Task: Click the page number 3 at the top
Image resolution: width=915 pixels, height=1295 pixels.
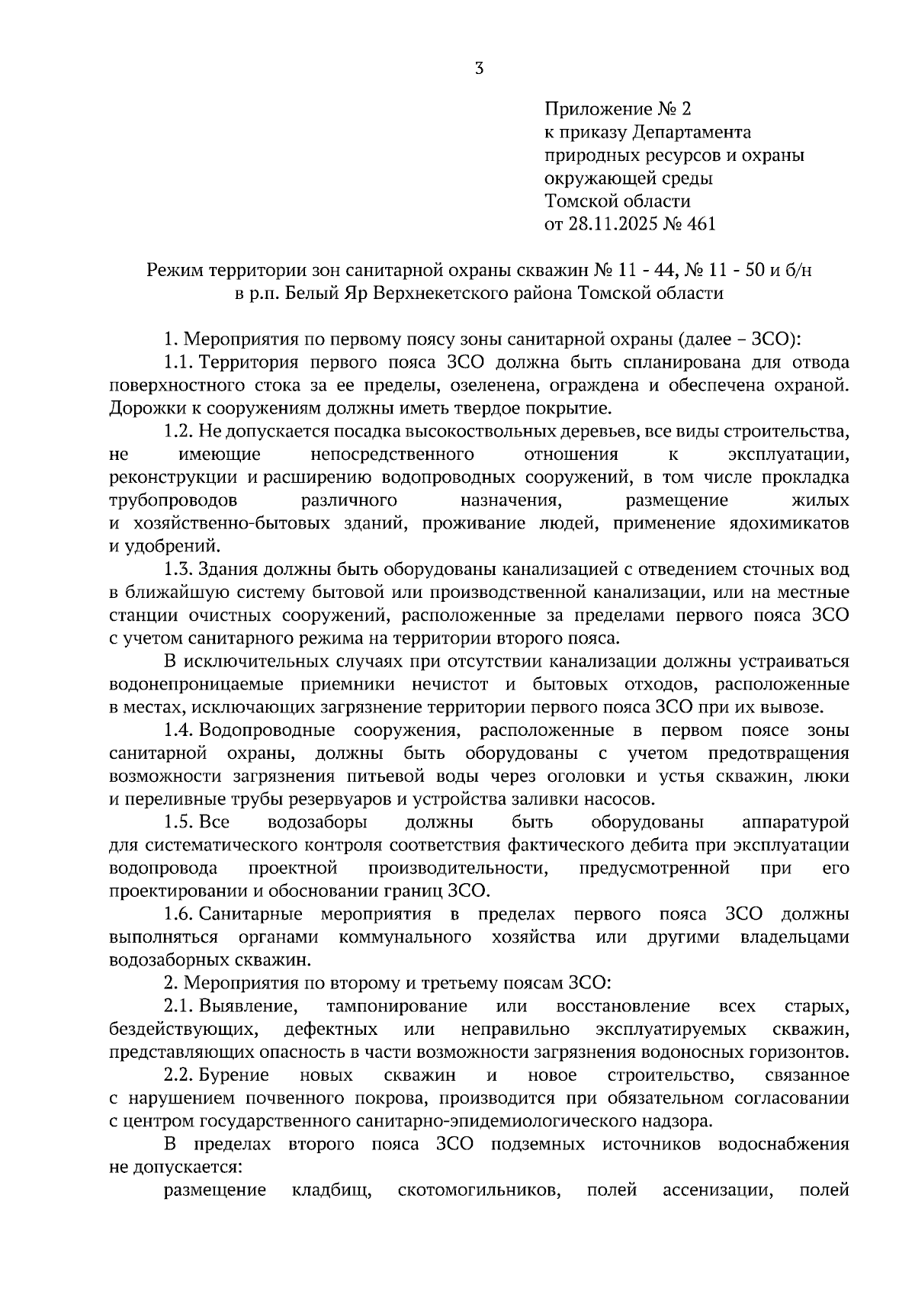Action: [x=478, y=69]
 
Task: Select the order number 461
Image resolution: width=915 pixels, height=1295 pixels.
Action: [x=700, y=224]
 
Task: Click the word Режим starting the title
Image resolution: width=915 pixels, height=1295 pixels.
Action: [x=173, y=270]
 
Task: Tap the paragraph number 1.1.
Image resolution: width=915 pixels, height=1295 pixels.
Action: [x=176, y=362]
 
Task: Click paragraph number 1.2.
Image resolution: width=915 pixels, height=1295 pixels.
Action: [x=176, y=432]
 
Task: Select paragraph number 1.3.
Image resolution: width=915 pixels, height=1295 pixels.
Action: [x=176, y=570]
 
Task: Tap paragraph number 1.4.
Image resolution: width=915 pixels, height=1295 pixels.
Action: [x=176, y=731]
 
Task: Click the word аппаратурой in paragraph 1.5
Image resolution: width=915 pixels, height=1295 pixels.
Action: [x=795, y=823]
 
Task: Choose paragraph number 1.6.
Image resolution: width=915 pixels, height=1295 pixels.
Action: [x=176, y=914]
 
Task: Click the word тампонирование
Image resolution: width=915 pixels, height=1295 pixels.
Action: [x=396, y=1007]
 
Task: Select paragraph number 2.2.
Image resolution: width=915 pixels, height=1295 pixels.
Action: [x=176, y=1075]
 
